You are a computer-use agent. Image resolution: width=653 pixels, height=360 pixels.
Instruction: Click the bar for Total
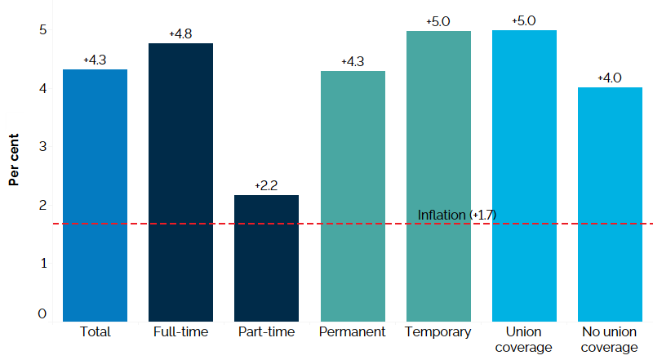(96, 196)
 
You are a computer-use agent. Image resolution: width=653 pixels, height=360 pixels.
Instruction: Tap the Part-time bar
(266, 258)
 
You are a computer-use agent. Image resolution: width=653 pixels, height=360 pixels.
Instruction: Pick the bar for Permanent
(353, 196)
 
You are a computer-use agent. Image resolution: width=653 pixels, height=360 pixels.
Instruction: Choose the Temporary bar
(438, 176)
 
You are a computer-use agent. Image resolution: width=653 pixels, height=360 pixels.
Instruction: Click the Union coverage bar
(524, 176)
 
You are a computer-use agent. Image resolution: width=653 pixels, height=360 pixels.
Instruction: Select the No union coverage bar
(610, 204)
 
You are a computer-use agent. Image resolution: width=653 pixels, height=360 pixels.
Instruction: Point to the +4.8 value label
(181, 34)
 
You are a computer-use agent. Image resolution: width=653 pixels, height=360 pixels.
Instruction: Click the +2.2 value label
(267, 186)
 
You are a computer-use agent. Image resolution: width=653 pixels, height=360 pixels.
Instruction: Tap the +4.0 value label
(610, 78)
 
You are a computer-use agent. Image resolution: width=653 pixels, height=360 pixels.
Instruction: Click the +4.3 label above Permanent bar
(353, 62)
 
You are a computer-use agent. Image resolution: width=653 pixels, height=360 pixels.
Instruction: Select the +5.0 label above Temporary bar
(438, 21)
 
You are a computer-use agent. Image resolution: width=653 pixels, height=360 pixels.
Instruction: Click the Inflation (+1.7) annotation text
(457, 215)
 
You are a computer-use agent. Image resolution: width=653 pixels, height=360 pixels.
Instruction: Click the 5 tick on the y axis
(42, 30)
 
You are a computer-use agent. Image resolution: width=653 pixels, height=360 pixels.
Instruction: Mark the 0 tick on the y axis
(42, 314)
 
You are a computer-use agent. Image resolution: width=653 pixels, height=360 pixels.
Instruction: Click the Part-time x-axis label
(266, 332)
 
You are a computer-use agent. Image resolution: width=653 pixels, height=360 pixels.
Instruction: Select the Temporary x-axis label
(438, 332)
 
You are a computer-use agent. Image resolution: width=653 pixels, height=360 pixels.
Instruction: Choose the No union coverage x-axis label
(610, 340)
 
